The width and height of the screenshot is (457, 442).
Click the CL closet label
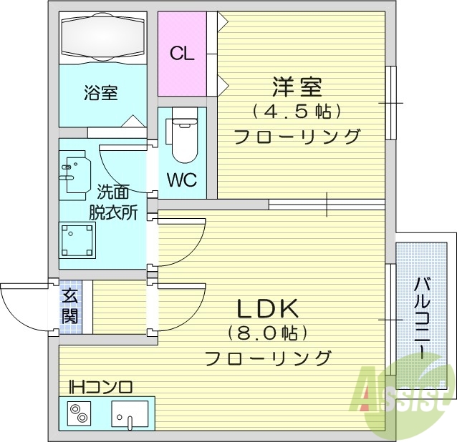(181, 54)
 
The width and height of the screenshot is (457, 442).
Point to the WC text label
(182, 180)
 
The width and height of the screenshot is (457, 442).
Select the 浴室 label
(100, 92)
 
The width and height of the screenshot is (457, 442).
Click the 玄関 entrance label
(69, 307)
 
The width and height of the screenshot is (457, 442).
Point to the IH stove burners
(79, 414)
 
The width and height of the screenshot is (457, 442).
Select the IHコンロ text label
(100, 388)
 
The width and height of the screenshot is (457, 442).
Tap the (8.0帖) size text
(268, 333)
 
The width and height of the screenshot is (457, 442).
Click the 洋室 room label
(297, 87)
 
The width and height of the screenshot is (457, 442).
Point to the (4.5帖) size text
(296, 112)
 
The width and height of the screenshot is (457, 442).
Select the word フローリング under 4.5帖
(297, 136)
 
